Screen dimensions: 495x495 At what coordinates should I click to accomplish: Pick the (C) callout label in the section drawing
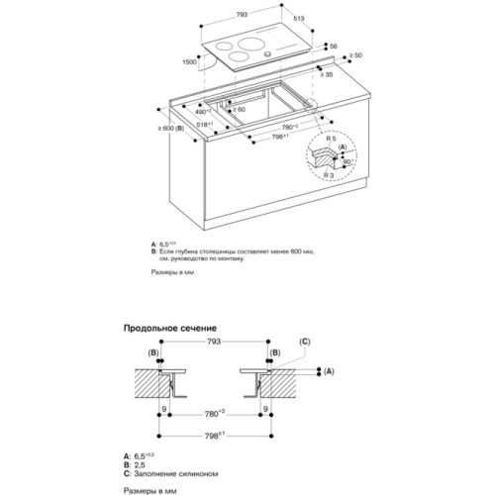coord(306,342)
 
